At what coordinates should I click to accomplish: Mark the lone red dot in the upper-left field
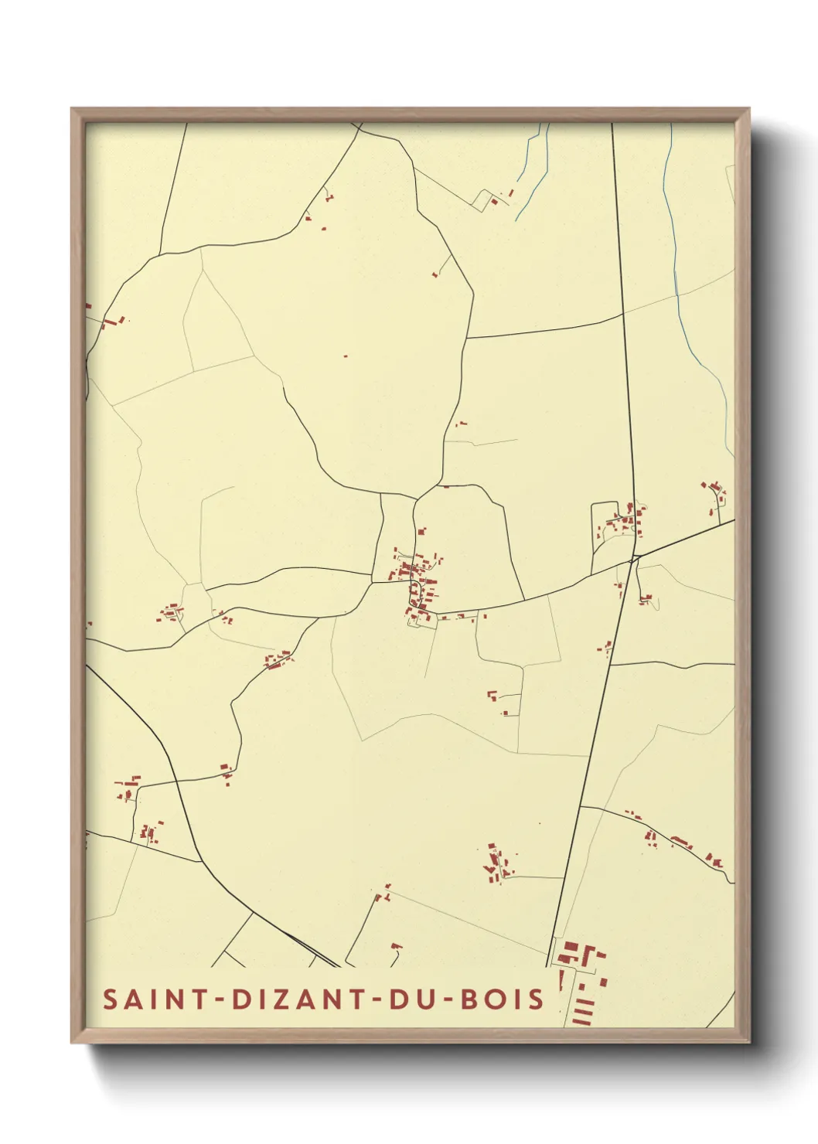pos(345,356)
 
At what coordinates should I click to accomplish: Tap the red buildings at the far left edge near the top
pos(112,321)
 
